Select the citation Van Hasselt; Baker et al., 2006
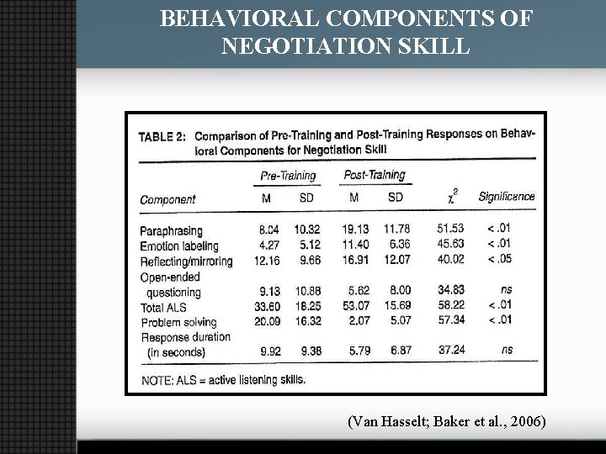click(x=446, y=421)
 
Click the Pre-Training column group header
click(x=288, y=176)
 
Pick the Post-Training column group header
click(x=375, y=175)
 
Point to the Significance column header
click(x=506, y=197)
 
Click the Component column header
click(x=167, y=199)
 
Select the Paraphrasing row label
click(x=171, y=231)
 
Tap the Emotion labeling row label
click(x=178, y=246)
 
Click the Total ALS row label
click(x=163, y=307)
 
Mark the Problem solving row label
click(x=178, y=322)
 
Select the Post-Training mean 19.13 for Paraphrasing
click(x=354, y=230)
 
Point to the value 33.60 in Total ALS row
click(x=267, y=307)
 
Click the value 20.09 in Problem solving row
click(x=267, y=322)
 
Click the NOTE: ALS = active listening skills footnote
click(x=223, y=379)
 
